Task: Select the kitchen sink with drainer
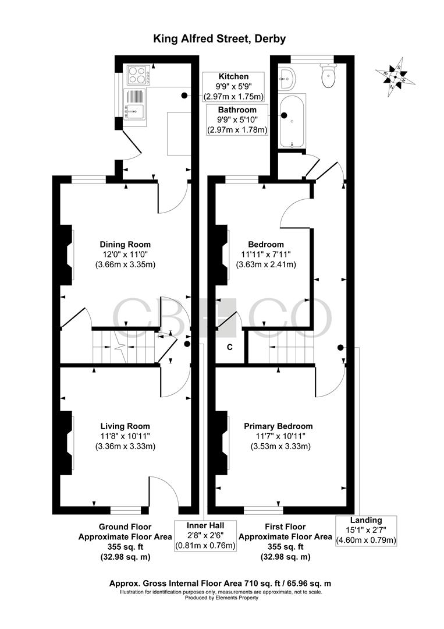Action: [134, 104]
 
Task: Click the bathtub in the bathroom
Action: [289, 122]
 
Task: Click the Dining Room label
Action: [125, 254]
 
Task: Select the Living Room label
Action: [125, 436]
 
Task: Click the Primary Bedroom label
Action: [278, 436]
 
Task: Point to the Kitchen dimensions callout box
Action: [233, 86]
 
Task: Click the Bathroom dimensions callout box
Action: [237, 120]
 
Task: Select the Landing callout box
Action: [366, 530]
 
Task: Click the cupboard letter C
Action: [230, 348]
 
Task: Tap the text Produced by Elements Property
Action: [221, 598]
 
